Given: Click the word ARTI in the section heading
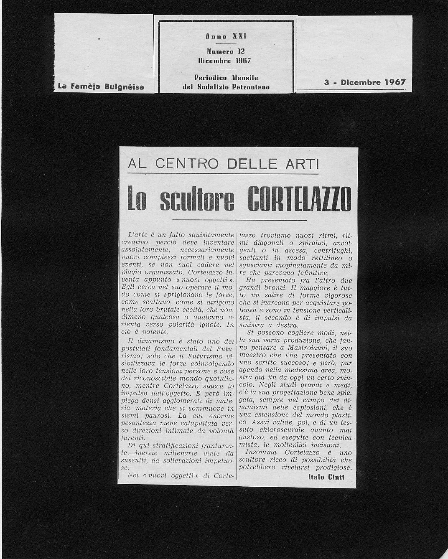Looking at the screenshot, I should pos(300,164).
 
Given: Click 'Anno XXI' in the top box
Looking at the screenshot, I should pos(226,36).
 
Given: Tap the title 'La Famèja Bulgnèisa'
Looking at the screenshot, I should pos(101,86).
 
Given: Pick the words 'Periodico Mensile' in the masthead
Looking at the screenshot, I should pos(226,77).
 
